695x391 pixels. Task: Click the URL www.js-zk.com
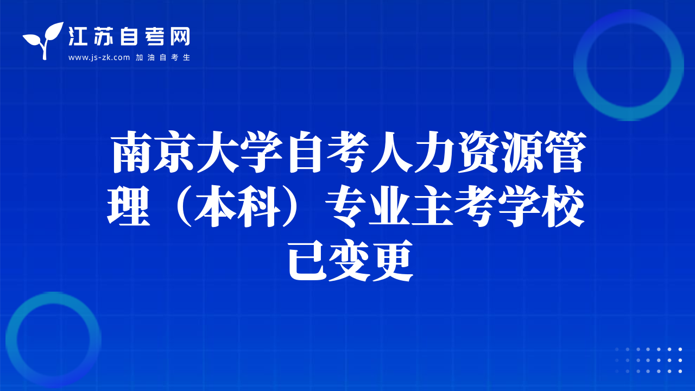pyautogui.click(x=99, y=58)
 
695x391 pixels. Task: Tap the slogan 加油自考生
pyautogui.click(x=163, y=58)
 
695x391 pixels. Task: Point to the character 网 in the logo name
pyautogui.click(x=180, y=36)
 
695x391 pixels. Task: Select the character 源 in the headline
pyautogui.click(x=521, y=152)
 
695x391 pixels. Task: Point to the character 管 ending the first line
pyautogui.click(x=565, y=152)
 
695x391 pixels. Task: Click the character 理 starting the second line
pyautogui.click(x=129, y=206)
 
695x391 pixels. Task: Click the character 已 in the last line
pyautogui.click(x=307, y=260)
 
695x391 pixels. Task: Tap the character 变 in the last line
pyautogui.click(x=350, y=260)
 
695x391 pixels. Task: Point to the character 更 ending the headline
pyautogui.click(x=393, y=260)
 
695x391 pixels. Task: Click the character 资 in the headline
pyautogui.click(x=478, y=152)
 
